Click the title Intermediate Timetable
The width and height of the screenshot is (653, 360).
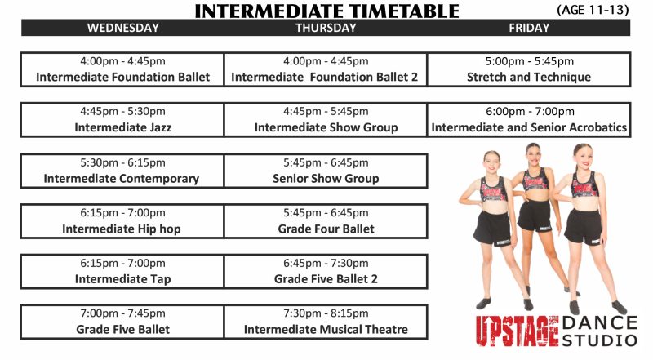(x=326, y=11)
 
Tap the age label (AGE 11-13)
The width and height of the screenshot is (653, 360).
(x=593, y=10)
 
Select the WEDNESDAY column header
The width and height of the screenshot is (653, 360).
(x=122, y=28)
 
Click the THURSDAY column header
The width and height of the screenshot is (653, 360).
(x=326, y=28)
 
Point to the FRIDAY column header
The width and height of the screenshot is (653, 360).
(x=529, y=28)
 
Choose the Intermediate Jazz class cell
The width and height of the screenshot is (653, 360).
(x=122, y=119)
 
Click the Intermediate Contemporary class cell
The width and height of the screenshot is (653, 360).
(x=122, y=171)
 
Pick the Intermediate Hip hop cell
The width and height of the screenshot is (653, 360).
(x=122, y=221)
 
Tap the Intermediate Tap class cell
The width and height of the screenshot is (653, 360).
(x=122, y=271)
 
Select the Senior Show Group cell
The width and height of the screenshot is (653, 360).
(x=326, y=171)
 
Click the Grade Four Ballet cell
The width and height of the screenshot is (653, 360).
(x=326, y=221)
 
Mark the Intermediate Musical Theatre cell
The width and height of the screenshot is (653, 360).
(x=326, y=322)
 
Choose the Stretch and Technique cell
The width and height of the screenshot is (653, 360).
(x=529, y=69)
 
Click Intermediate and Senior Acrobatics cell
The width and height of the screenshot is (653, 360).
(x=529, y=119)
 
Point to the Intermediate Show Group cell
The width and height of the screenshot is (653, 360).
(x=326, y=119)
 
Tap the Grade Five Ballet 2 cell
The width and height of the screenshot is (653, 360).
(x=326, y=271)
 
